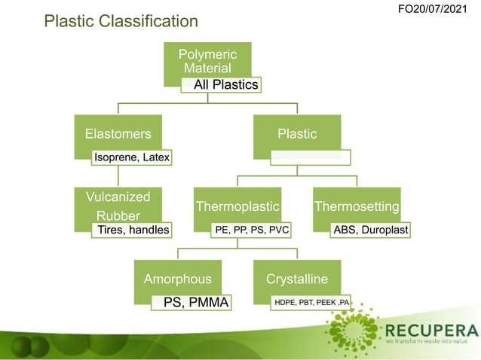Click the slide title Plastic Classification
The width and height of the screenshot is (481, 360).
pos(121,21)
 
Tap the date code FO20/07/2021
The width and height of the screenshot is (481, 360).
pos(438,9)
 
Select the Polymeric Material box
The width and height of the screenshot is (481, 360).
pos(208,59)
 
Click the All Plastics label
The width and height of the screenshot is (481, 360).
pos(225,85)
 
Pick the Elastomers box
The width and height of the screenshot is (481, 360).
pos(118,133)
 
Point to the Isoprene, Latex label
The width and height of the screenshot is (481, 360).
pos(131,157)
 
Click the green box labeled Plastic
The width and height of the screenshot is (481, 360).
pos(297,133)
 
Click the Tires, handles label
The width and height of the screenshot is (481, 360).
pos(130,229)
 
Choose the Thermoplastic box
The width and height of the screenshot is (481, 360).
pos(237,205)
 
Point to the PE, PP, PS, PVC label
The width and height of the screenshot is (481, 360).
pos(252,229)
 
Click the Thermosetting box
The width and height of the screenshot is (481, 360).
pos(357,205)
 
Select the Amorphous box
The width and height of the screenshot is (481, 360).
pos(177,278)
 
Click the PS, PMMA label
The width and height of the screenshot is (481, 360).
pos(195,303)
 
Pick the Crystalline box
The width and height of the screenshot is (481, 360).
pos(297,278)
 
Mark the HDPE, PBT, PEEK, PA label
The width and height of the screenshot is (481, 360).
pos(311,303)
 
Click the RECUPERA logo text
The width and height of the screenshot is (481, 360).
pos(432,331)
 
